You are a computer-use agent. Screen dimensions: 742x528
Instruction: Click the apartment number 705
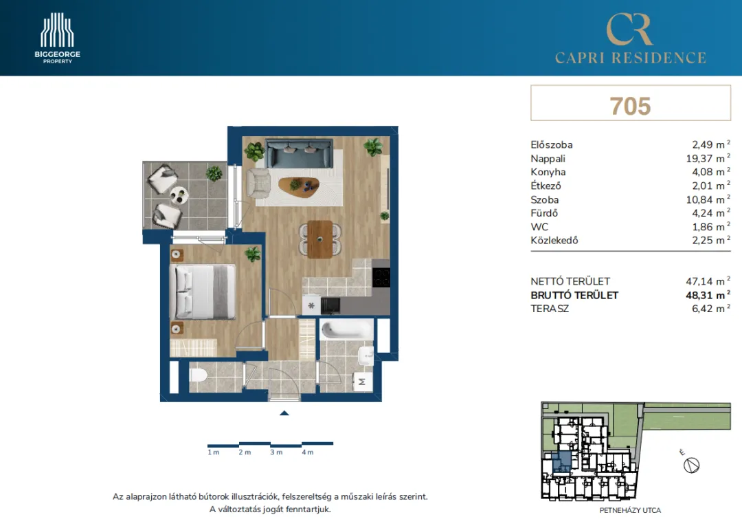(x=630, y=106)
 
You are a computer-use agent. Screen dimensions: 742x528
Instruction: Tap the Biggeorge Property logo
(x=57, y=38)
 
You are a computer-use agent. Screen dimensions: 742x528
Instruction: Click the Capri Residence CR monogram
(x=629, y=30)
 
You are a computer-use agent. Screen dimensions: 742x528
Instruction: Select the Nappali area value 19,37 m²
(x=708, y=159)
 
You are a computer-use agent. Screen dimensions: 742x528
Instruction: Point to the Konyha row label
(x=548, y=172)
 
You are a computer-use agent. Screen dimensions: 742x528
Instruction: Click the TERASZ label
(x=550, y=309)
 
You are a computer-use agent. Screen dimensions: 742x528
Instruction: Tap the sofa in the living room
(x=299, y=153)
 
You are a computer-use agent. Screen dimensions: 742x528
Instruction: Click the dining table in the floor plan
(x=320, y=239)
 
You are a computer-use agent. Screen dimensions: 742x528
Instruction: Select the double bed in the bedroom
(x=203, y=291)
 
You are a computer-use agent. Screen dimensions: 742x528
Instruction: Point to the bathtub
(x=347, y=329)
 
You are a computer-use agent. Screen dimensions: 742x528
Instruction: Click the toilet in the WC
(x=199, y=376)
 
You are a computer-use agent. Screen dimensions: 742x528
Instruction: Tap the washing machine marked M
(x=363, y=382)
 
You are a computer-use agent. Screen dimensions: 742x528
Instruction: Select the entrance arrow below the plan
(x=284, y=413)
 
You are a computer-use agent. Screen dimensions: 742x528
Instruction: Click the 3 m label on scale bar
(x=276, y=452)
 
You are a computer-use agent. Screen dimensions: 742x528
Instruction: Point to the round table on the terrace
(x=179, y=195)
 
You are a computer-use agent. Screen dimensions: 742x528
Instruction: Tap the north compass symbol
(x=691, y=465)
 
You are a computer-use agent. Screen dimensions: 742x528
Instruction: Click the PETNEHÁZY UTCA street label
(x=630, y=511)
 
